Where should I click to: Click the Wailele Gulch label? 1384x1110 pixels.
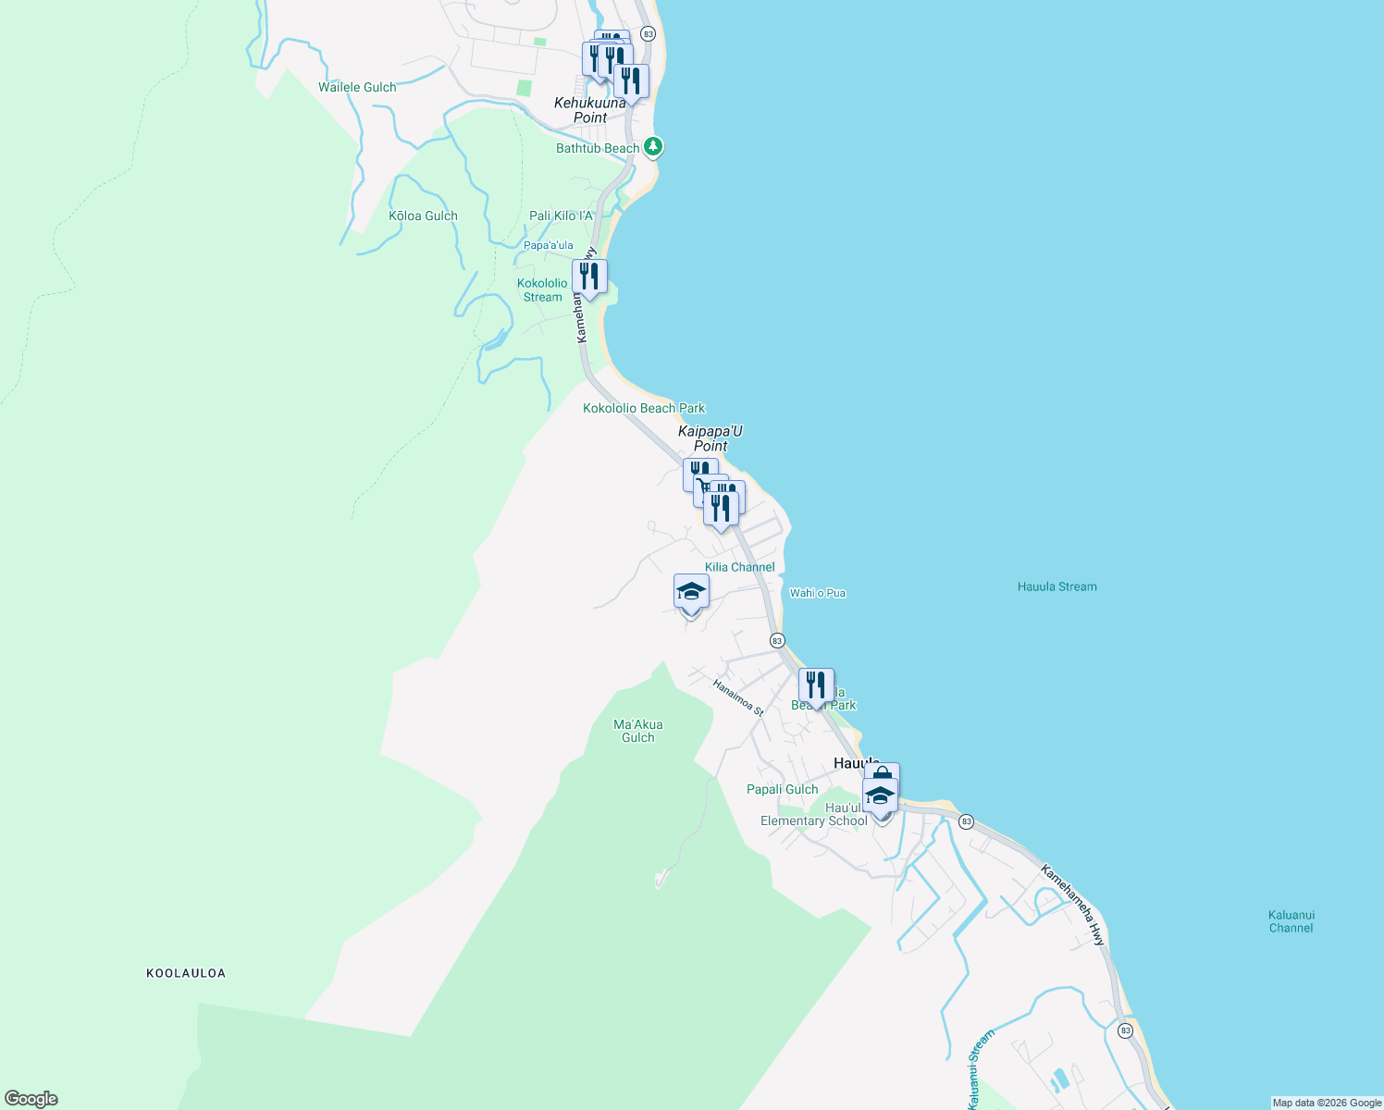pyautogui.click(x=357, y=87)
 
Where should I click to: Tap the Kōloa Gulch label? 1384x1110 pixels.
pyautogui.click(x=423, y=216)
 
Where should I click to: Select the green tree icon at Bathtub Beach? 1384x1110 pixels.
pyautogui.click(x=653, y=146)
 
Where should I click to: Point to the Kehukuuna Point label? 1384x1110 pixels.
pyautogui.click(x=590, y=110)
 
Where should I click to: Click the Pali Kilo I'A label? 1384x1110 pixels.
pyautogui.click(x=561, y=216)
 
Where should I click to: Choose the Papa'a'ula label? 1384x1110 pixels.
pyautogui.click(x=549, y=245)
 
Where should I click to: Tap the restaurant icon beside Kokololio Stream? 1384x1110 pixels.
pyautogui.click(x=589, y=277)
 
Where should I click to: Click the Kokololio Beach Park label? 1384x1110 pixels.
pyautogui.click(x=644, y=408)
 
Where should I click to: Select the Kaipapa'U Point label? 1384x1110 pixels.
pyautogui.click(x=711, y=438)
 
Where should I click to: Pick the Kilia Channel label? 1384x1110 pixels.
pyautogui.click(x=739, y=567)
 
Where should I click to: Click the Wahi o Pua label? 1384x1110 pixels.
pyautogui.click(x=818, y=593)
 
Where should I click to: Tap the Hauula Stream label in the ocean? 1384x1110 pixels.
pyautogui.click(x=1057, y=586)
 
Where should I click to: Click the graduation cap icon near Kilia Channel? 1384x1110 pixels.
pyautogui.click(x=691, y=591)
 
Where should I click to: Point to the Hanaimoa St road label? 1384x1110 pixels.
pyautogui.click(x=737, y=697)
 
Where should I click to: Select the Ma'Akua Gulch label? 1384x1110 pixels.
pyautogui.click(x=637, y=731)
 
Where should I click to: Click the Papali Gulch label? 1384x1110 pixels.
pyautogui.click(x=782, y=789)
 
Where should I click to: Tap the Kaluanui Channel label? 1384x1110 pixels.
pyautogui.click(x=1291, y=921)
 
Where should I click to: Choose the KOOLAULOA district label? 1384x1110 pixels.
pyautogui.click(x=186, y=973)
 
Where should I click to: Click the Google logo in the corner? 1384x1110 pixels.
pyautogui.click(x=31, y=1099)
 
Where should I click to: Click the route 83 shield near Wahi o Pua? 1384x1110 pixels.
pyautogui.click(x=777, y=640)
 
